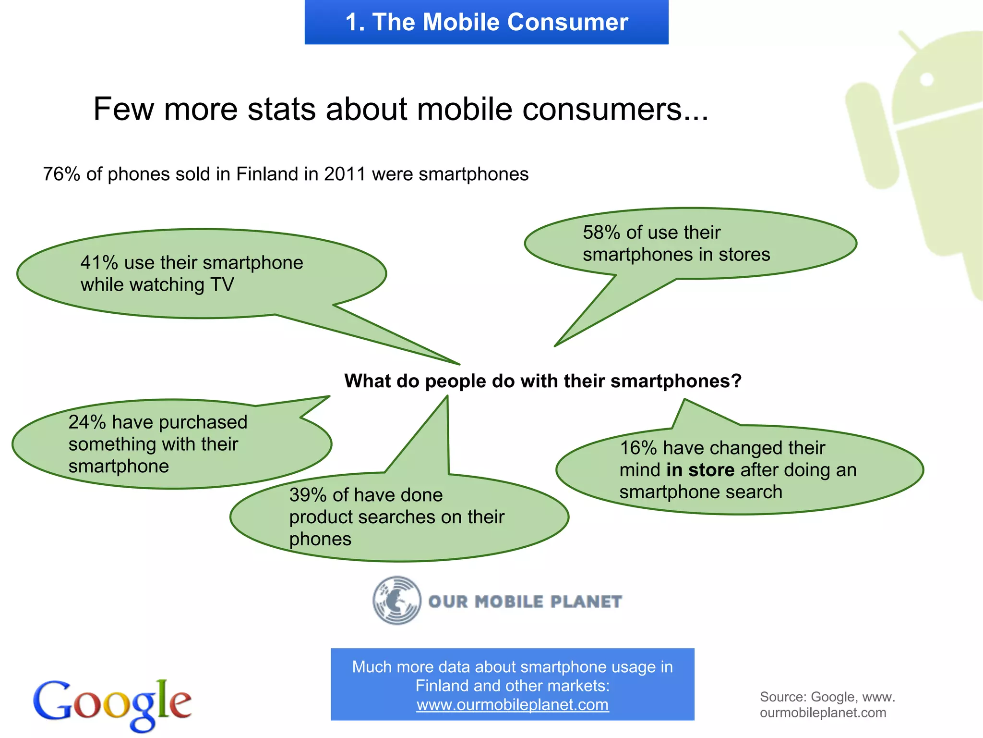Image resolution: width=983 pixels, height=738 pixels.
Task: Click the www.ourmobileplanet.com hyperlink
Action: click(x=512, y=705)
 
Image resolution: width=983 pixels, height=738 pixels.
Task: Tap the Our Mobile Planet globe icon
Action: click(x=397, y=601)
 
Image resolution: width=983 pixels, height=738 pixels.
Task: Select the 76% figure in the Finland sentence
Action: click(x=61, y=174)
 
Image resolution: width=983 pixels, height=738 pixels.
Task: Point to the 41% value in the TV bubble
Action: click(x=99, y=263)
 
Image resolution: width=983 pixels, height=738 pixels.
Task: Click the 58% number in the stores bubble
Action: click(x=602, y=233)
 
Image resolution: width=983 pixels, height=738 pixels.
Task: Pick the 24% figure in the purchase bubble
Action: click(x=87, y=422)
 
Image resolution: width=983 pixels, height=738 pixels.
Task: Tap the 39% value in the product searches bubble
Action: click(x=308, y=495)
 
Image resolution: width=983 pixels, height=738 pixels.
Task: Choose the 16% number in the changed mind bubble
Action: click(x=638, y=448)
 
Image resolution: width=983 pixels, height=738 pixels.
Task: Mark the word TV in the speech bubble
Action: click(x=222, y=285)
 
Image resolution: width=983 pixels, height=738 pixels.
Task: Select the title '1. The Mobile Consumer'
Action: click(x=486, y=22)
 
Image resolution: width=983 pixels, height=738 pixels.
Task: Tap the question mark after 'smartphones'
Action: click(x=736, y=381)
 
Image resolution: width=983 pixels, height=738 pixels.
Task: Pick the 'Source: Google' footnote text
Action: click(x=827, y=704)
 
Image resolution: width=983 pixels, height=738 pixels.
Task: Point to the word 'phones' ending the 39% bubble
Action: click(x=320, y=540)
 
